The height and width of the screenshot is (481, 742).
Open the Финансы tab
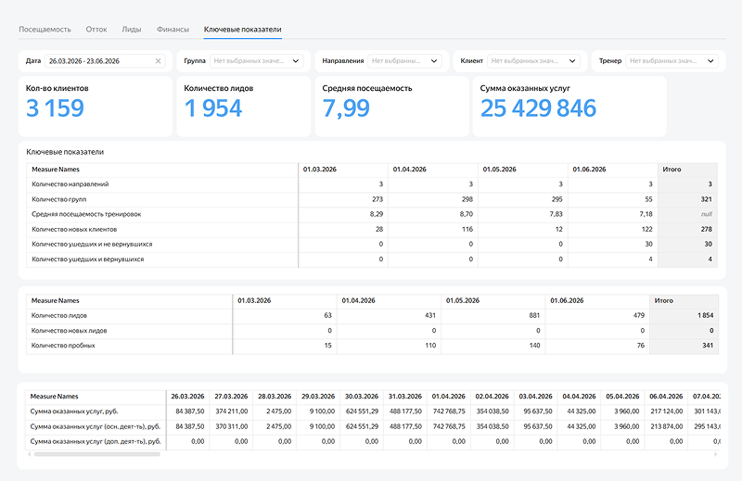(x=173, y=30)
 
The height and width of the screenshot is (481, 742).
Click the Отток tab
(x=96, y=30)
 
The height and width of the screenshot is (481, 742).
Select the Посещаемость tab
(x=45, y=30)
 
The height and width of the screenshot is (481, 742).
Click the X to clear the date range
(x=158, y=61)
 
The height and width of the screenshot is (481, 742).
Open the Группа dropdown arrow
(x=296, y=61)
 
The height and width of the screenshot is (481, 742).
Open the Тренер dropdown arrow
(x=710, y=61)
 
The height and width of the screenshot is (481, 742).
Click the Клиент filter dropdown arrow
(x=572, y=61)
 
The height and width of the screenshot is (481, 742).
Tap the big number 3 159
(x=55, y=108)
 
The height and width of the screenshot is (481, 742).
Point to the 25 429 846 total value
(x=538, y=108)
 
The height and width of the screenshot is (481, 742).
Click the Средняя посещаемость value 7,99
(x=346, y=108)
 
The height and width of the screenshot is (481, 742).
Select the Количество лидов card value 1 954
(x=213, y=108)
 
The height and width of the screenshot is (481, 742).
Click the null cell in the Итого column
(x=707, y=214)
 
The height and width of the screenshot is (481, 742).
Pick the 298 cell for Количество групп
(x=467, y=199)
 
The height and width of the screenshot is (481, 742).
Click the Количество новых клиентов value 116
(x=467, y=229)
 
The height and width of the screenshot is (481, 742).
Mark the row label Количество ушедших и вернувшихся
(x=87, y=259)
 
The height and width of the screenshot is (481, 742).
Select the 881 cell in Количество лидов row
(x=534, y=315)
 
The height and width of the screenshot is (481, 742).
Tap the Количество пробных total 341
(x=708, y=346)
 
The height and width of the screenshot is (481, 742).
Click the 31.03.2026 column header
(x=405, y=397)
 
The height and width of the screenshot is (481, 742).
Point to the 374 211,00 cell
(x=231, y=411)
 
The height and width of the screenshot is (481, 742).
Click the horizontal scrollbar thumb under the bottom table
(x=97, y=454)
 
